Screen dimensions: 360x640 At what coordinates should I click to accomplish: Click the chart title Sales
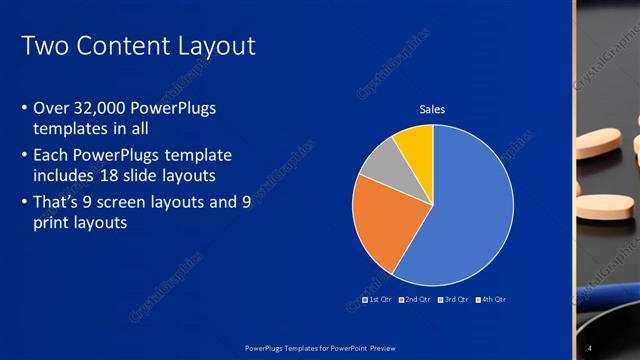point(432,109)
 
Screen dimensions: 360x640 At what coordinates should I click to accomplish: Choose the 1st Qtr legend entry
point(376,299)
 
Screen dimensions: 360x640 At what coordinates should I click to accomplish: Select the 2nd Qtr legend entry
point(413,299)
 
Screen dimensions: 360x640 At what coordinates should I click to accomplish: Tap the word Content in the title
point(119,46)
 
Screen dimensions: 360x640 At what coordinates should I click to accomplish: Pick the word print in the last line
point(54,223)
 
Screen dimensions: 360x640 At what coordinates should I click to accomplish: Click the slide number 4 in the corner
point(590,347)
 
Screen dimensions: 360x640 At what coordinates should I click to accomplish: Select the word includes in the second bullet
point(65,176)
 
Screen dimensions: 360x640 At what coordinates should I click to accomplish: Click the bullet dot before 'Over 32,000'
point(23,107)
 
